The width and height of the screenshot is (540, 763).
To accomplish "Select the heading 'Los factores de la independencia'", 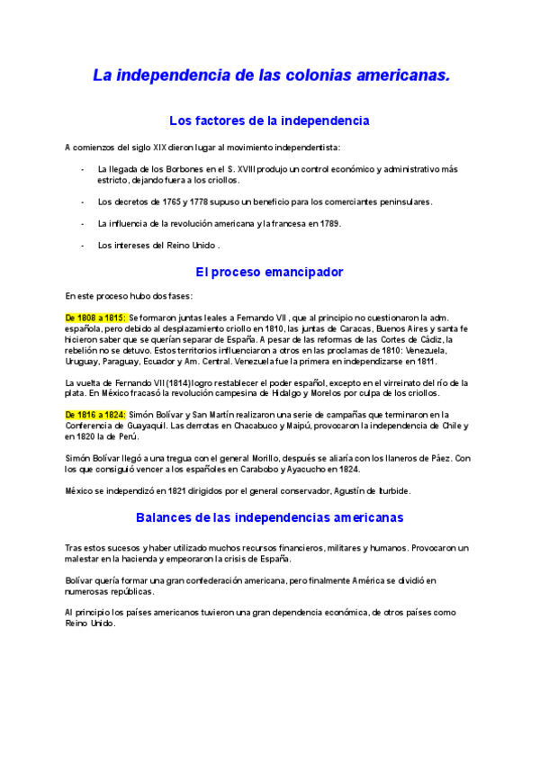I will [x=269, y=121].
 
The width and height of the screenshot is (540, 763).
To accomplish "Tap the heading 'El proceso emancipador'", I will [x=269, y=271].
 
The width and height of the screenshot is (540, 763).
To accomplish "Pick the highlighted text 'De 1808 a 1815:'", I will [x=95, y=318].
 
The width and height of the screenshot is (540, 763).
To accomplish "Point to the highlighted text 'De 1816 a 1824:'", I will [x=95, y=414].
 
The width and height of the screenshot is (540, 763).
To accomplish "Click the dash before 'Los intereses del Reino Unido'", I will [x=83, y=245].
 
